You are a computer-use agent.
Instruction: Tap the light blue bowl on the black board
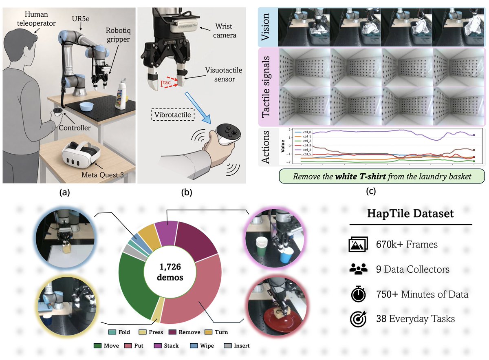point(86,106)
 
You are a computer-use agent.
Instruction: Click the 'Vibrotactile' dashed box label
point(172,115)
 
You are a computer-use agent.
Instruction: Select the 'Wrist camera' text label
point(225,31)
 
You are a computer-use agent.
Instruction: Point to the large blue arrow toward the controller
point(198,108)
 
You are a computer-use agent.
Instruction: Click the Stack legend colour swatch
point(158,346)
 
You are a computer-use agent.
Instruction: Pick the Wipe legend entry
point(202,346)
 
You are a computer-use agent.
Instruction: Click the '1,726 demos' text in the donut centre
point(170,272)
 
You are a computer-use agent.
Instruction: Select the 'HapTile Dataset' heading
point(410,213)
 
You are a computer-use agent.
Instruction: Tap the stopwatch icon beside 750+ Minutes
point(358,294)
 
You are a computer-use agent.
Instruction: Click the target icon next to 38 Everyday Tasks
point(358,319)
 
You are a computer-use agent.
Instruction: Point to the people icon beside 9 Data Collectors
point(358,269)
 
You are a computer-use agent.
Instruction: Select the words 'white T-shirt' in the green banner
point(360,176)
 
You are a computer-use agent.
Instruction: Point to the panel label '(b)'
point(187,192)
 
